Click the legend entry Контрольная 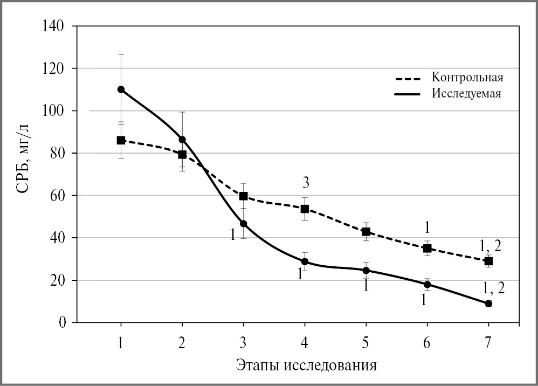click(467, 77)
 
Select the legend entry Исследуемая click(467, 93)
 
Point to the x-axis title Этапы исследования click(306, 365)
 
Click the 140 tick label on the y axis click(54, 26)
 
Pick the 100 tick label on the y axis click(54, 111)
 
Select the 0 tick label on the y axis click(61, 322)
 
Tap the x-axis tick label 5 click(366, 343)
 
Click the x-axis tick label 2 click(182, 343)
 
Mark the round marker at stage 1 click(121, 89)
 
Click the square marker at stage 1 click(121, 140)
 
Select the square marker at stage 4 click(305, 209)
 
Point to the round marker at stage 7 click(488, 304)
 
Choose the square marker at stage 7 click(488, 261)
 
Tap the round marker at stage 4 click(305, 261)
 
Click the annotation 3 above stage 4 click(305, 184)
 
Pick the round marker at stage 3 click(243, 224)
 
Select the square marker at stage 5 click(366, 232)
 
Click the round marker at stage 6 click(427, 284)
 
